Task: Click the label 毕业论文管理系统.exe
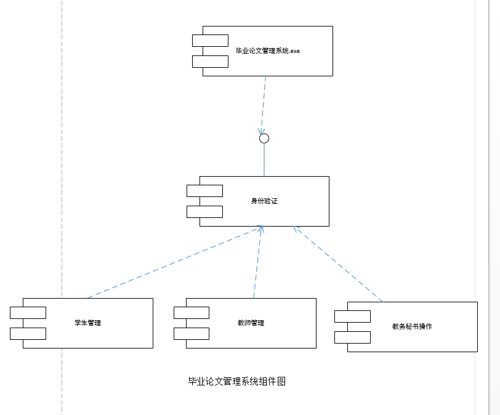click(x=267, y=50)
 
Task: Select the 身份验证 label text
click(x=264, y=201)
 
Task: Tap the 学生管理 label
click(x=87, y=323)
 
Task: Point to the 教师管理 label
click(x=251, y=323)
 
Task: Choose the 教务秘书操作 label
click(x=412, y=326)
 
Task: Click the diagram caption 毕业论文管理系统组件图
click(x=236, y=381)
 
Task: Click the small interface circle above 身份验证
click(x=264, y=139)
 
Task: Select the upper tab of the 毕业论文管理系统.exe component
click(x=210, y=41)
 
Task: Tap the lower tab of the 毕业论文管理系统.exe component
click(x=210, y=62)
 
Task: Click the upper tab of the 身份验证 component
click(x=204, y=191)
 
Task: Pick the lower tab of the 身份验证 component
click(x=204, y=212)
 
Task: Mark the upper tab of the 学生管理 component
click(x=28, y=313)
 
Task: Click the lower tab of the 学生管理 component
click(x=28, y=334)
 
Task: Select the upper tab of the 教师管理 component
click(x=192, y=313)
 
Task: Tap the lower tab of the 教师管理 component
click(x=192, y=334)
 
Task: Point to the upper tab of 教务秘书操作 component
click(x=352, y=316)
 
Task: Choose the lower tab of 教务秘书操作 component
click(x=352, y=337)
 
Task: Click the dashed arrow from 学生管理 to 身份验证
click(x=175, y=262)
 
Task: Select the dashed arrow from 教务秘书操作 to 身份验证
click(x=337, y=264)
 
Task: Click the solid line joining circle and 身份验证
click(x=264, y=159)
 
